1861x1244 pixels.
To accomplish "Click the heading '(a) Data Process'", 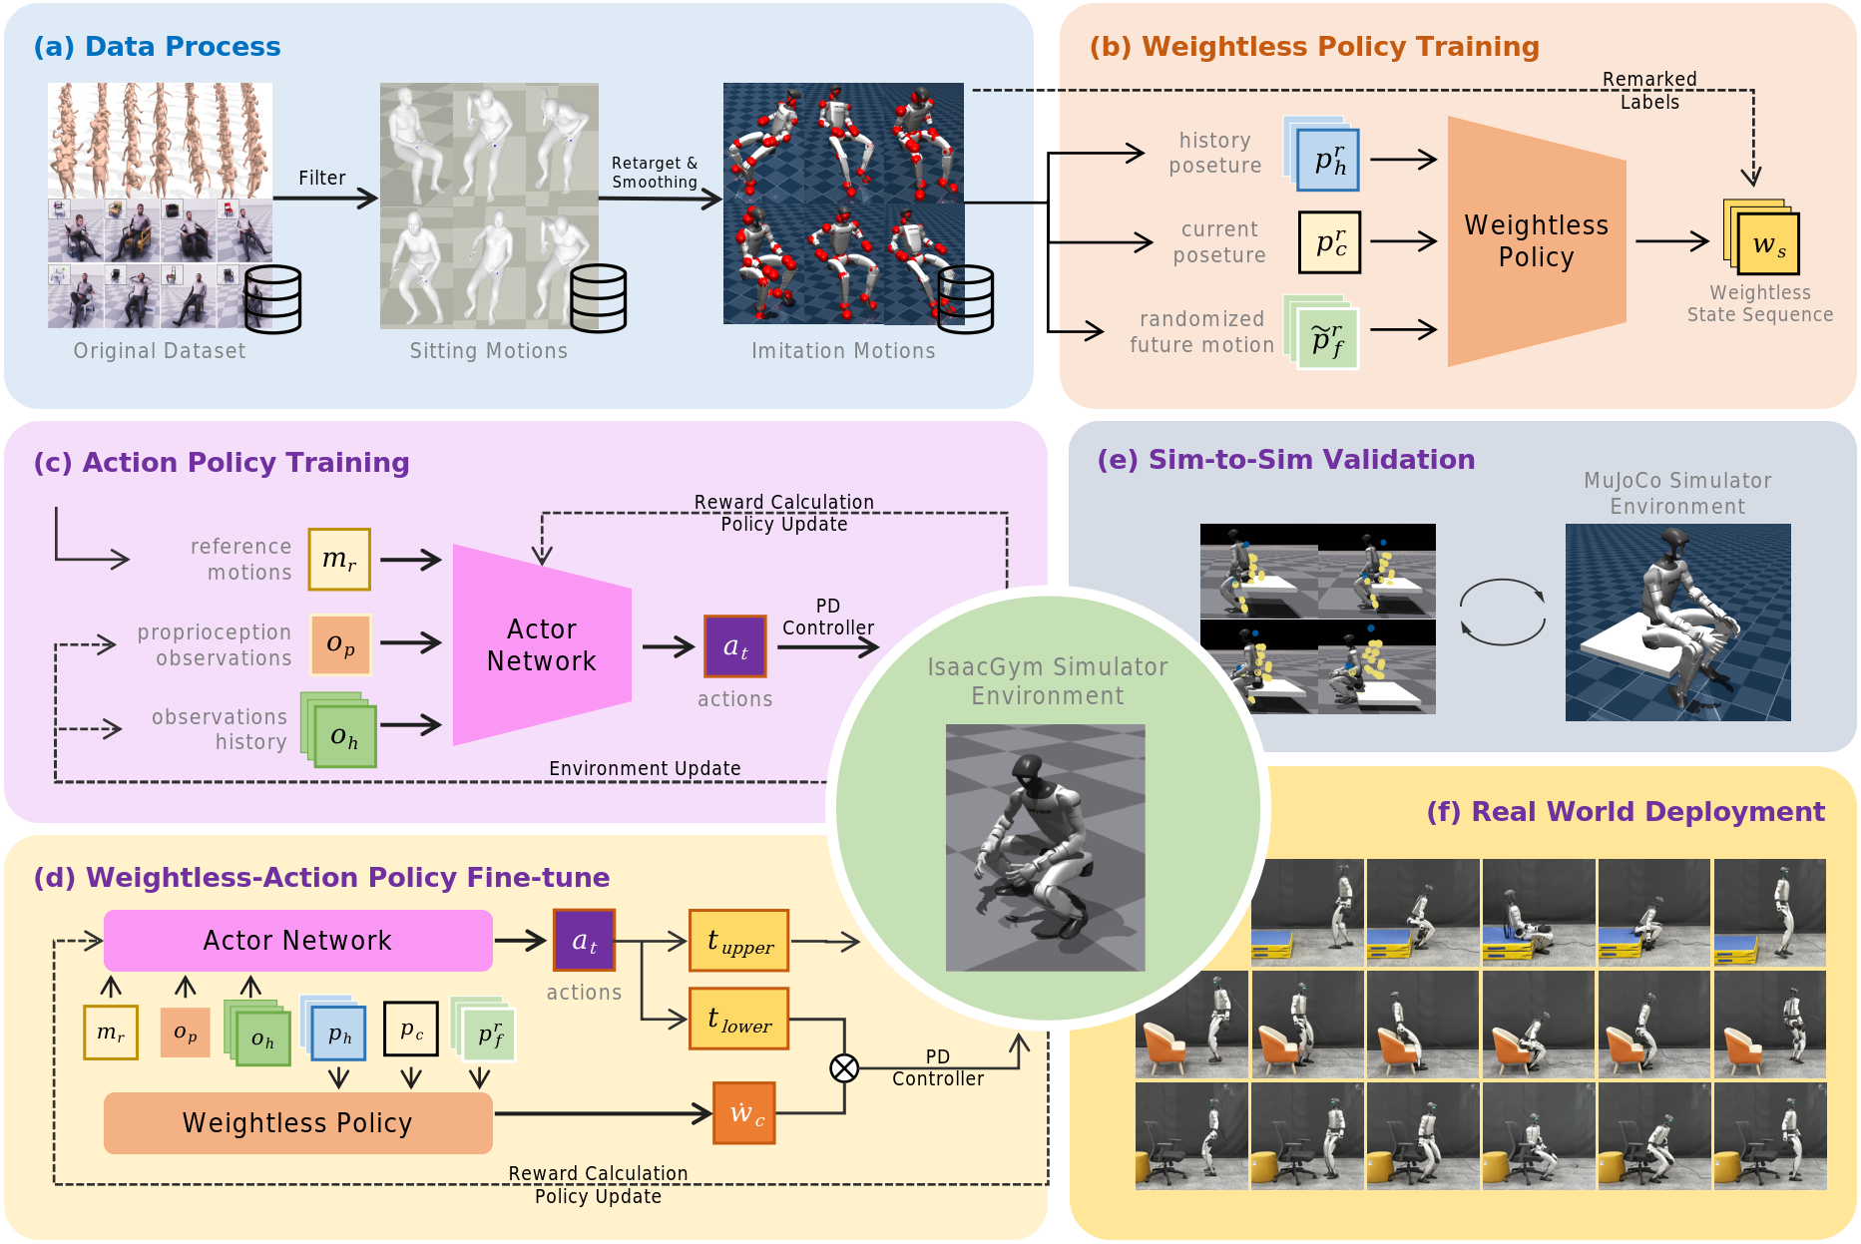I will point(157,47).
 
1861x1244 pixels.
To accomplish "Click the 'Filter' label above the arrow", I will point(321,178).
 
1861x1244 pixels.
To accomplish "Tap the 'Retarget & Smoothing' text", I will point(655,173).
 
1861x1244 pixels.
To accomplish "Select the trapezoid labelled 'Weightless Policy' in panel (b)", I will point(1536,241).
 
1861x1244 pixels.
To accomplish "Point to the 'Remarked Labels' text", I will point(1649,91).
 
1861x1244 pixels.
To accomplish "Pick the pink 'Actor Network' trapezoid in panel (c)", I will point(542,644).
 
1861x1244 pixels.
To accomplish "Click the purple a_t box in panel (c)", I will point(735,646).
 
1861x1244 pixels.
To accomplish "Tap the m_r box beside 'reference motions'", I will point(339,560).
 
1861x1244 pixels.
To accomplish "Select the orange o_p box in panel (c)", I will point(340,644).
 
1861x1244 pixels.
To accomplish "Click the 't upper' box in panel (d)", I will point(738,941).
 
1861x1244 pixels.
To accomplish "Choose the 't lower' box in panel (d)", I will point(738,1019).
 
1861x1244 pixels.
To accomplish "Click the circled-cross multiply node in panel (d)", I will point(844,1068).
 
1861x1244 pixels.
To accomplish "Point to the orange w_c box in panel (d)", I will point(744,1112).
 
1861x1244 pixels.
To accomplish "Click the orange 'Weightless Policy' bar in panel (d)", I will point(297,1123).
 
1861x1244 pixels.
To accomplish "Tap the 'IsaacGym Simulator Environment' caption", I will point(1047,681).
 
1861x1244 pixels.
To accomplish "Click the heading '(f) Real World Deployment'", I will point(1625,812).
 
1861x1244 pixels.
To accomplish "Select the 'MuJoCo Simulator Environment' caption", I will point(1677,494).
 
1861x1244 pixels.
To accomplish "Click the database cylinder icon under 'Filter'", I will point(272,298).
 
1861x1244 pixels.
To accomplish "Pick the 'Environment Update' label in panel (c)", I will point(645,768).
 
